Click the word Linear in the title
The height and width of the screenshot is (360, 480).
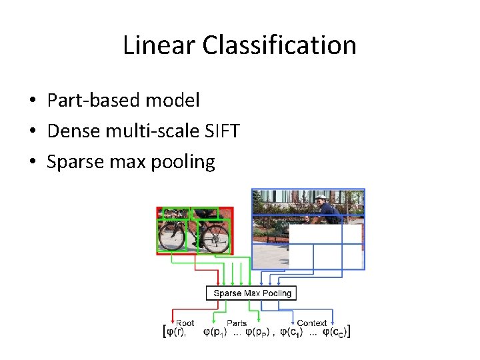(x=159, y=45)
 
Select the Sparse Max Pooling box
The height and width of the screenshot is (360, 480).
(x=252, y=293)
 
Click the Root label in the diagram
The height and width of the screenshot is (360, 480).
(x=185, y=323)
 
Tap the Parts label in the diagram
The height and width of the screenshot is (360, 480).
(x=236, y=323)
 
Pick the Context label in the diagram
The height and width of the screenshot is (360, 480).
(x=311, y=323)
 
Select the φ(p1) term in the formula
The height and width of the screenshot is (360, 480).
(x=215, y=331)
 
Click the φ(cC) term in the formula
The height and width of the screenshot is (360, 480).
(x=335, y=331)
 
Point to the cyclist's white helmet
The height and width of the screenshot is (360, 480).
(x=321, y=198)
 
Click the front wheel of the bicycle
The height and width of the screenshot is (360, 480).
(x=215, y=237)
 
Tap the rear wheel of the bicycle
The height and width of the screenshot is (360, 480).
(x=171, y=236)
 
